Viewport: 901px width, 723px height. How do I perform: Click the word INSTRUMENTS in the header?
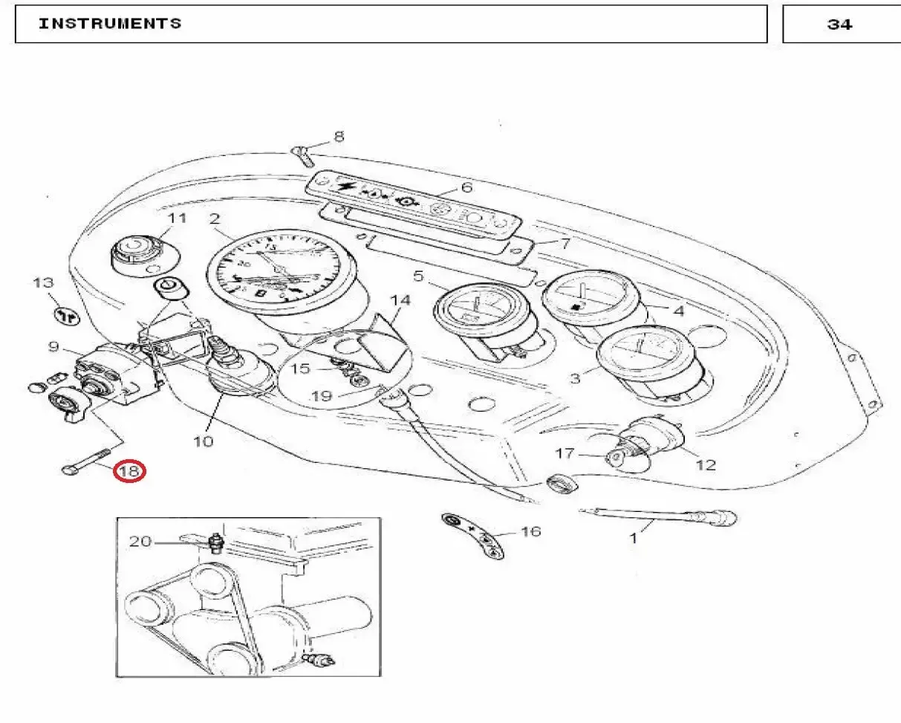pyautogui.click(x=110, y=24)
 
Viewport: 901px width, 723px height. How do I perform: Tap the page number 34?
pyautogui.click(x=839, y=25)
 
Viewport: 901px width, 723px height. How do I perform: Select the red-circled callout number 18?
pyautogui.click(x=129, y=472)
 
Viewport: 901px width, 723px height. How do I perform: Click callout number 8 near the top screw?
pyautogui.click(x=339, y=137)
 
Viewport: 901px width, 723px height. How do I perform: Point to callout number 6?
pyautogui.click(x=466, y=187)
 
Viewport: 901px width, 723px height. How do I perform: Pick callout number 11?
pyautogui.click(x=177, y=218)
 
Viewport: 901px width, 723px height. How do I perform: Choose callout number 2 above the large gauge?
pyautogui.click(x=215, y=218)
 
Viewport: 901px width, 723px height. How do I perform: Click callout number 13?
pyautogui.click(x=44, y=283)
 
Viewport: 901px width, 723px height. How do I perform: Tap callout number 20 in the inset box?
pyautogui.click(x=140, y=542)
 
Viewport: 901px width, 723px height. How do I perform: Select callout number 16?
pyautogui.click(x=531, y=531)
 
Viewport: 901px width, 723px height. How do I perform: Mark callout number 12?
pyautogui.click(x=706, y=465)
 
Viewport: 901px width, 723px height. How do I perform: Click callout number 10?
pyautogui.click(x=203, y=441)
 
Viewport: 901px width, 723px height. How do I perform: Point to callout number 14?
pyautogui.click(x=400, y=300)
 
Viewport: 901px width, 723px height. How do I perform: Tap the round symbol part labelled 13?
pyautogui.click(x=67, y=317)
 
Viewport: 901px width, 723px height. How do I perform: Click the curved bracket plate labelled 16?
pyautogui.click(x=473, y=535)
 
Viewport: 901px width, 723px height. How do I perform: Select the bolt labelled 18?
pyautogui.click(x=86, y=461)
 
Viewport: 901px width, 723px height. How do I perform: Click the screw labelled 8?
pyautogui.click(x=302, y=155)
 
